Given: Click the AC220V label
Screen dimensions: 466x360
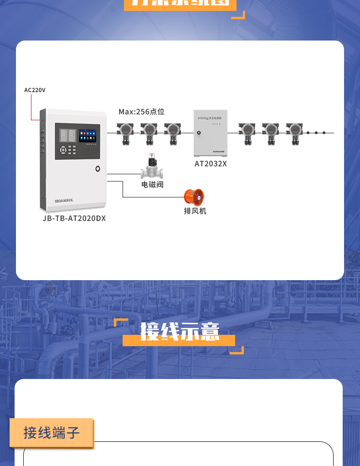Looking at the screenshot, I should pyautogui.click(x=35, y=90).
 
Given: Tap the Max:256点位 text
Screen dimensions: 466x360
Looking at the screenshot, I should pyautogui.click(x=141, y=112).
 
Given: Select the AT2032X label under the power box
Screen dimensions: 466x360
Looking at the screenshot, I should pyautogui.click(x=211, y=164).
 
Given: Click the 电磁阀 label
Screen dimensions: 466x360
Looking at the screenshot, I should pyautogui.click(x=152, y=184).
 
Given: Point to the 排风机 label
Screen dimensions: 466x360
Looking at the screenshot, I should pyautogui.click(x=195, y=211).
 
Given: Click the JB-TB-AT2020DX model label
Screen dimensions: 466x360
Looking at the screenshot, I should pyautogui.click(x=74, y=218).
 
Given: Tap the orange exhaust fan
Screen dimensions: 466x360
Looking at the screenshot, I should pyautogui.click(x=194, y=197).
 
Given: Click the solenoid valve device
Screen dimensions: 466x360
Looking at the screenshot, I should pyautogui.click(x=152, y=167).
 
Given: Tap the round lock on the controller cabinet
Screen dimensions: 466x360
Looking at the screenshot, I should pyautogui.click(x=98, y=169).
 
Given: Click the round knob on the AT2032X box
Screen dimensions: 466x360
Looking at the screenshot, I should pyautogui.click(x=199, y=133).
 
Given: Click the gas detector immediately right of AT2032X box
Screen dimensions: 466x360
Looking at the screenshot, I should pyautogui.click(x=247, y=133).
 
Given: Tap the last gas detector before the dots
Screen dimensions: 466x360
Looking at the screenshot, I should pyautogui.click(x=294, y=133).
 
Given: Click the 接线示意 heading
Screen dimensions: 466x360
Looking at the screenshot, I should pyautogui.click(x=180, y=331).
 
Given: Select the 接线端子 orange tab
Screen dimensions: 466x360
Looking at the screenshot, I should pyautogui.click(x=52, y=432).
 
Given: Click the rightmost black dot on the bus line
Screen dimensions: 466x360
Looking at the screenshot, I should pyautogui.click(x=324, y=133).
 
